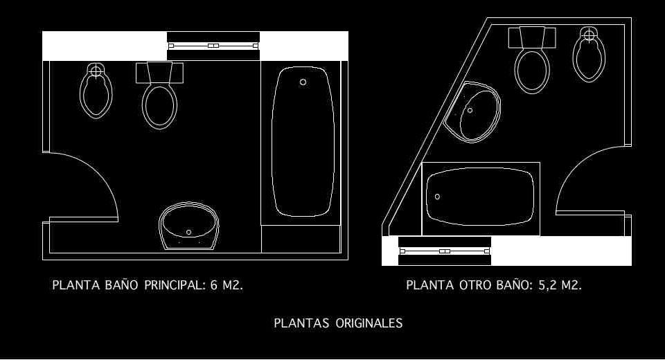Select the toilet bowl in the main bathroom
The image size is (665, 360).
(x=159, y=105)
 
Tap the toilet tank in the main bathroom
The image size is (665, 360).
(x=159, y=72)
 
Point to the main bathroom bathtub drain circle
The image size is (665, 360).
(x=303, y=82)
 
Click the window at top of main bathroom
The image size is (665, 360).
(x=213, y=46)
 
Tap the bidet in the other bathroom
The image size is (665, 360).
(x=589, y=55)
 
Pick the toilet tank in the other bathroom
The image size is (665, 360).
(x=532, y=37)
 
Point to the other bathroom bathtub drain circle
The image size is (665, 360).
(x=437, y=197)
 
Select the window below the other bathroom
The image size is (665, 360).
(x=445, y=251)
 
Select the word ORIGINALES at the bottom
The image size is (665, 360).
(x=369, y=323)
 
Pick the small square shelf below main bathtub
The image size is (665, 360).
(x=301, y=239)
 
